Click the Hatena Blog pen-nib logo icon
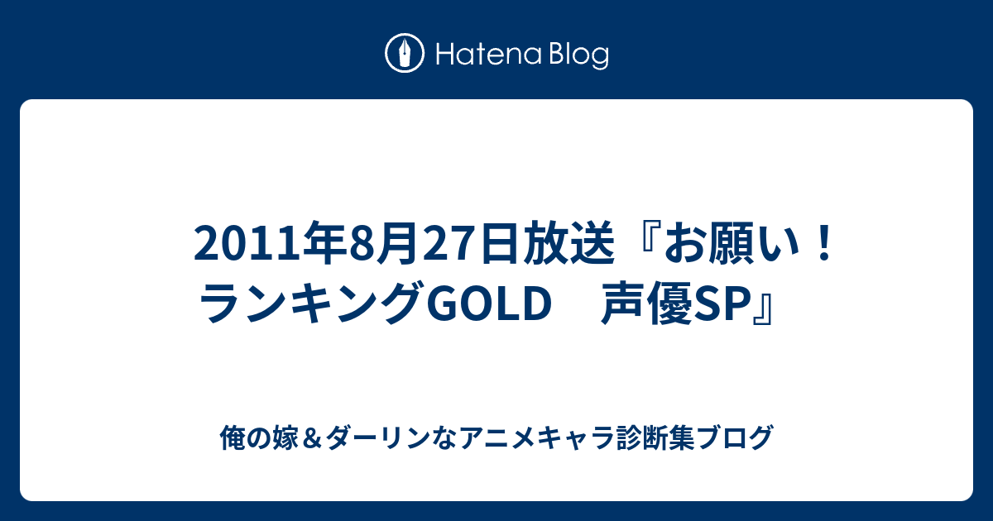pyautogui.click(x=405, y=53)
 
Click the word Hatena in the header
pyautogui.click(x=489, y=54)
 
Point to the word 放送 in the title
pyautogui.click(x=568, y=243)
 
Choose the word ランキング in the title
pyautogui.click(x=313, y=304)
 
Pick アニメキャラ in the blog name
pyautogui.click(x=536, y=437)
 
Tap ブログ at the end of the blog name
pyautogui.click(x=735, y=437)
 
